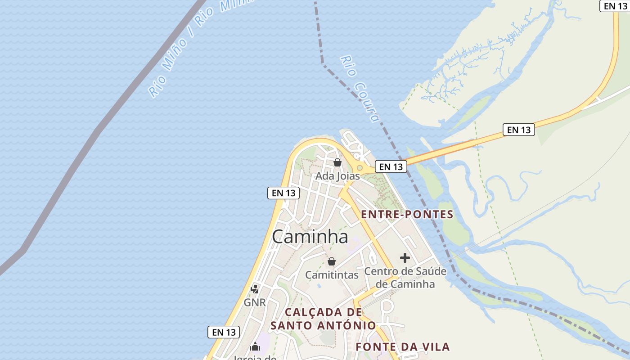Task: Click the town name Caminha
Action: pos(310,237)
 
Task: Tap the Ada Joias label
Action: pos(337,176)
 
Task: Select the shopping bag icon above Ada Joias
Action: pos(337,162)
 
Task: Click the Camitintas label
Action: pos(332,275)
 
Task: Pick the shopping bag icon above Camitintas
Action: pos(332,261)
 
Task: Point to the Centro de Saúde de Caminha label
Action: pos(405,278)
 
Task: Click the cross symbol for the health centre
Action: pos(405,258)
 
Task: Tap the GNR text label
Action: pos(255,303)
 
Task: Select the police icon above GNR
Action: pos(255,289)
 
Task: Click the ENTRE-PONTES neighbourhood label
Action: pos(407,215)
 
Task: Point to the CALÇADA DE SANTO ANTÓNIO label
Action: pos(323,319)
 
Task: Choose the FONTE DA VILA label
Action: pos(403,347)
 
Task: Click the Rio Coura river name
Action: pos(360,89)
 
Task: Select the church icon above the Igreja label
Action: pos(255,346)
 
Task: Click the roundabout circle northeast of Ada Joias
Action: pos(360,168)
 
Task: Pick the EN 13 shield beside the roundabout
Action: pos(391,166)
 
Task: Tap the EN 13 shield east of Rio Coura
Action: pos(519,130)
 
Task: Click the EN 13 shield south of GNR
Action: pos(224,333)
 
